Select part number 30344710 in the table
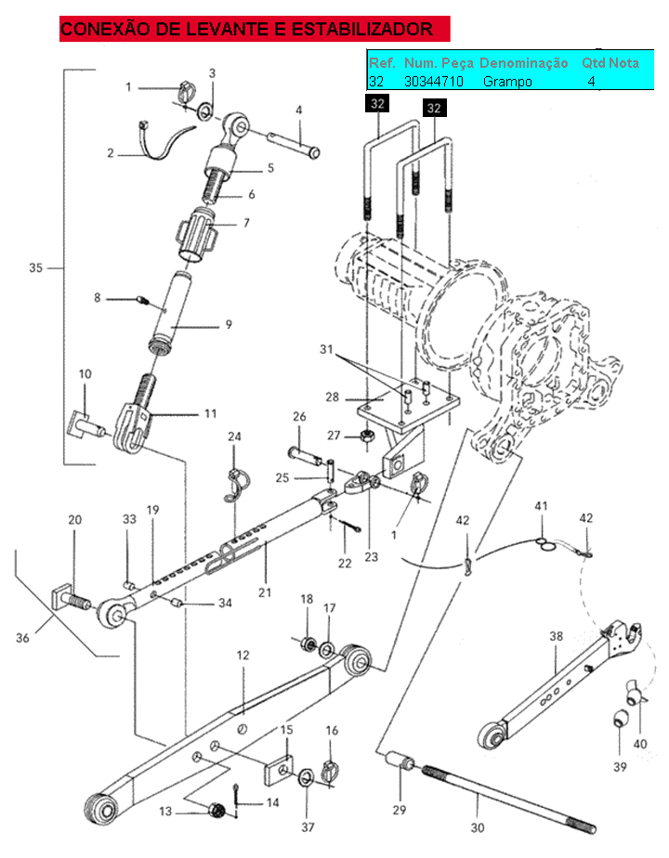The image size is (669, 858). [434, 82]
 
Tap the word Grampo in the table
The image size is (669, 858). [507, 82]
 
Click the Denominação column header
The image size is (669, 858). [523, 63]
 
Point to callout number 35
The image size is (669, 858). [35, 267]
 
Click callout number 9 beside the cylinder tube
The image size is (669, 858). [229, 324]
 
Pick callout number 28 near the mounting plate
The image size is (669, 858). [333, 396]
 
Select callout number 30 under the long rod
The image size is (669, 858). [478, 827]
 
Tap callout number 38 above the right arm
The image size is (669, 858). [557, 636]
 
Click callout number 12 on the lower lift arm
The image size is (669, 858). [243, 655]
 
